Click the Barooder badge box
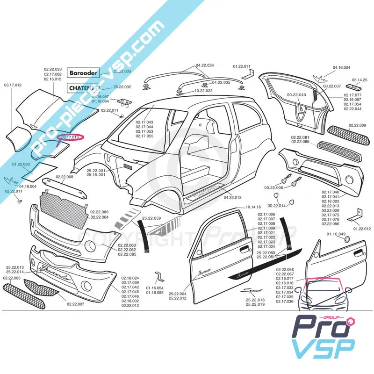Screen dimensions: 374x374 [x=84, y=73]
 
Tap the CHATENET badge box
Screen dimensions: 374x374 [x=84, y=87]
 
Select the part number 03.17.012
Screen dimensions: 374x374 [x=13, y=85]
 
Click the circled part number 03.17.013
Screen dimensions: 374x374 [x=70, y=137]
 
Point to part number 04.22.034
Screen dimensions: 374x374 [x=205, y=65]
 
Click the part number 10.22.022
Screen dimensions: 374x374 [x=203, y=91]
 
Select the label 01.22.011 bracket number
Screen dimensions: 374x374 [x=242, y=66]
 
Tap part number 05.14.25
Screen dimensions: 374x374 [x=360, y=79]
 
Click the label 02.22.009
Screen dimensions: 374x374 [x=357, y=125]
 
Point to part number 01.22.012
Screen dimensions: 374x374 [x=362, y=229]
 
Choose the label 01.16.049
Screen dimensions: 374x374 [x=336, y=234]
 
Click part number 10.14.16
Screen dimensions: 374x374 [x=252, y=207]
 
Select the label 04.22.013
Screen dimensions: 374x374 [x=232, y=197]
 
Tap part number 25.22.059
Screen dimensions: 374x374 [x=151, y=218]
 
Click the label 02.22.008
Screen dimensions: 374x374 [x=65, y=177]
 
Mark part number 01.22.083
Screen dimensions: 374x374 [x=21, y=164]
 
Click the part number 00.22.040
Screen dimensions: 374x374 [x=296, y=95]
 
